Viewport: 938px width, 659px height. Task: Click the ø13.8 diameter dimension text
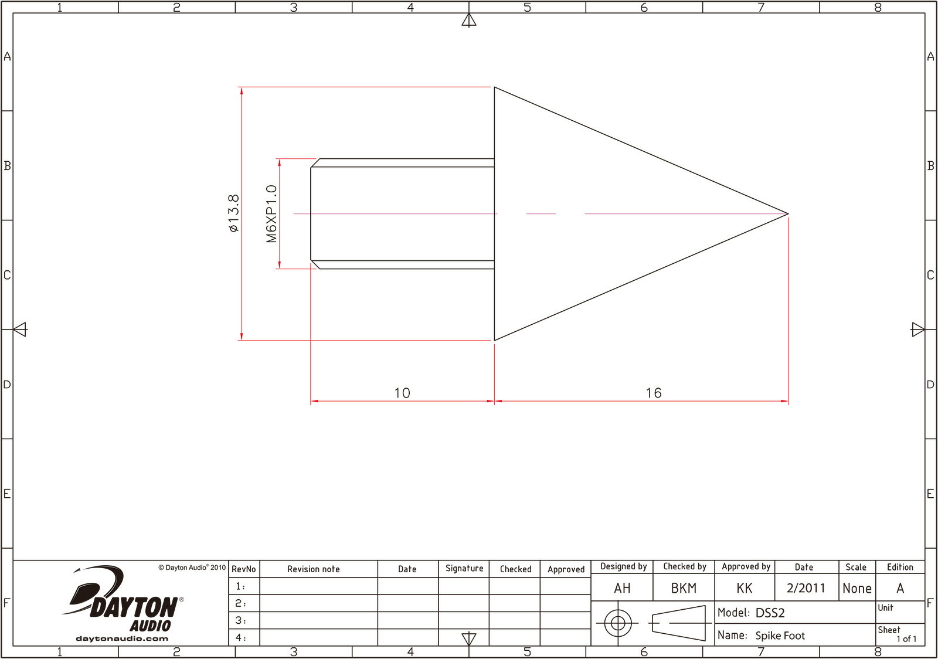[x=234, y=213]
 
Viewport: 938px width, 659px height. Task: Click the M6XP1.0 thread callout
[x=271, y=213]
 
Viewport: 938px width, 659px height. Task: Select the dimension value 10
[x=402, y=393]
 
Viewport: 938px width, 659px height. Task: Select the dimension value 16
[x=653, y=393]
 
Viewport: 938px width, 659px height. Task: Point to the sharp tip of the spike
[x=787, y=213]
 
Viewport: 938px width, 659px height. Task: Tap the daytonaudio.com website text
[x=122, y=638]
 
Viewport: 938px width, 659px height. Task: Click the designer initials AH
[x=622, y=588]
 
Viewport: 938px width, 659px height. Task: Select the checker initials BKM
[x=684, y=588]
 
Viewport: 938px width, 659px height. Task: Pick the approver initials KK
[x=745, y=588]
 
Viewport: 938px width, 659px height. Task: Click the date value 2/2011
[x=806, y=588]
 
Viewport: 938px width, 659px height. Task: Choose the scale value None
[x=857, y=588]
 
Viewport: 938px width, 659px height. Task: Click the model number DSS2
[x=770, y=613]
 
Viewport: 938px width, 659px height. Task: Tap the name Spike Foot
[x=780, y=636]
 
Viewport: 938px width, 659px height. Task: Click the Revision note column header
[x=313, y=569]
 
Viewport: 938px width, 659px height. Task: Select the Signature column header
[x=464, y=568]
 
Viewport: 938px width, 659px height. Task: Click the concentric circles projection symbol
[x=618, y=623]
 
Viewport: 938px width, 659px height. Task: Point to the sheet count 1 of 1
[x=906, y=639]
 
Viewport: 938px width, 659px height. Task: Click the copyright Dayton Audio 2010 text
[x=192, y=568]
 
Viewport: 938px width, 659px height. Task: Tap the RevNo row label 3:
[x=240, y=620]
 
